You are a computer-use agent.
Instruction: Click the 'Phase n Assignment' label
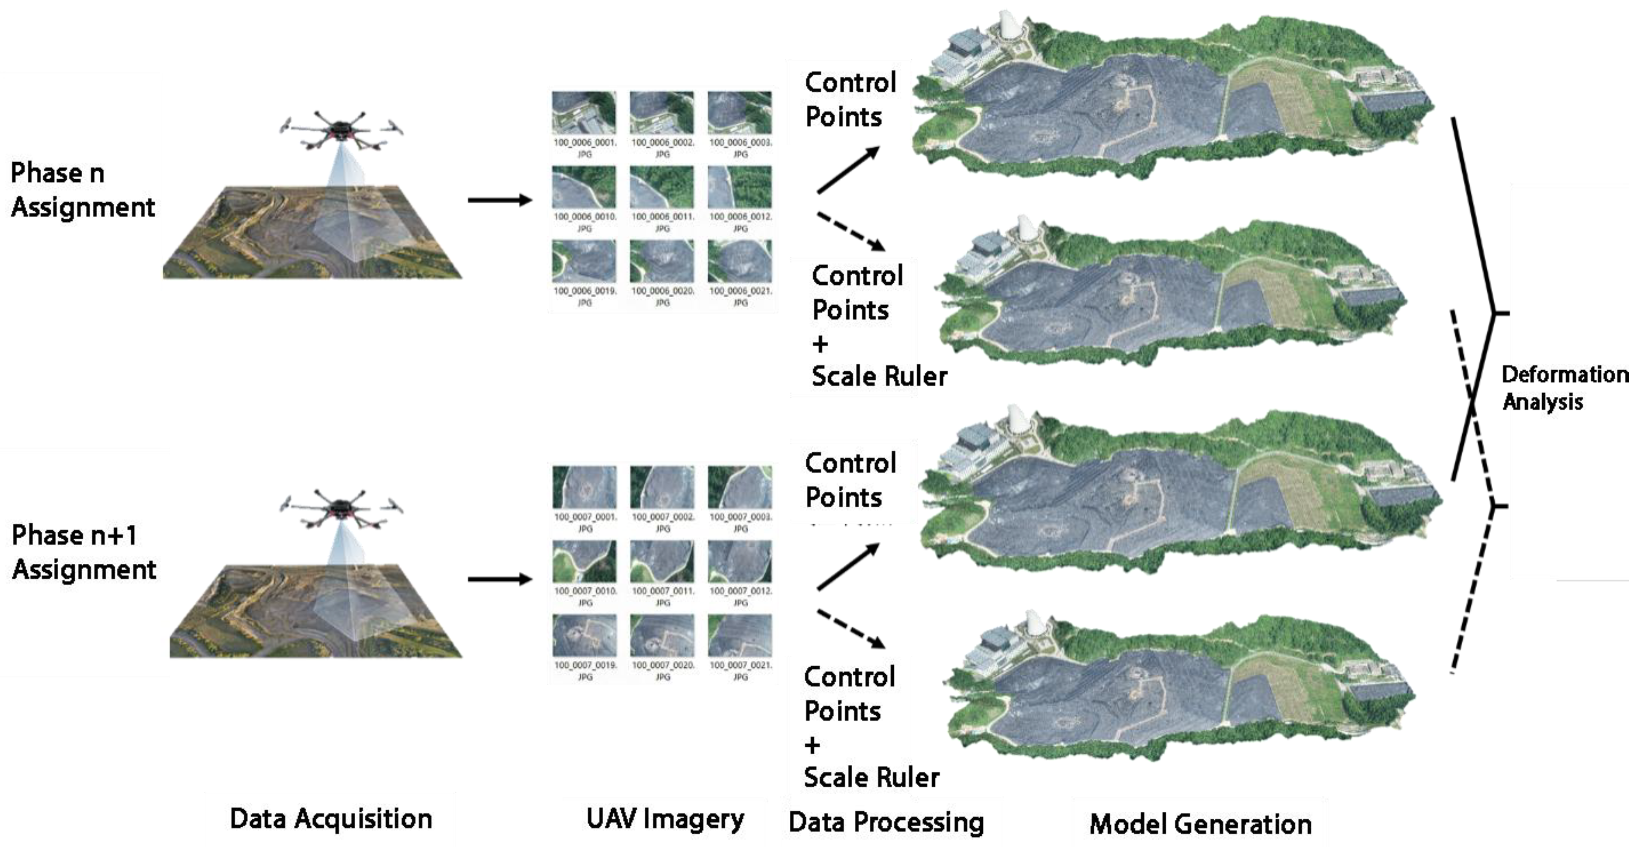point(83,190)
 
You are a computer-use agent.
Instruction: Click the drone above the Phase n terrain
point(342,131)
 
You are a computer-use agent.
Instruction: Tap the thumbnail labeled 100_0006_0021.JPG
point(740,261)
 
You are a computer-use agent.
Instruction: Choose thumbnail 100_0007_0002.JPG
point(662,487)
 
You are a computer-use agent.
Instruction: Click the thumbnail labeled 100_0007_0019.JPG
point(584,635)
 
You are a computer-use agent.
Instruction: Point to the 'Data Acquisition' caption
point(331,818)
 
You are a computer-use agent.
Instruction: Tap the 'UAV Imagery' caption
point(665,818)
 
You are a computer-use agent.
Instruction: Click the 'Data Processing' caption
point(886,822)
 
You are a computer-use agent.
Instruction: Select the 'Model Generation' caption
point(1200,824)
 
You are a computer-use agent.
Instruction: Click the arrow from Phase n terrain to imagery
point(500,200)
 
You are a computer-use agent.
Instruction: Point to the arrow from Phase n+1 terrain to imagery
point(500,579)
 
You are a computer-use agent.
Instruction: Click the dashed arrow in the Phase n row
point(851,231)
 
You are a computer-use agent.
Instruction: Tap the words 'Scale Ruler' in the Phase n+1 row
point(871,777)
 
